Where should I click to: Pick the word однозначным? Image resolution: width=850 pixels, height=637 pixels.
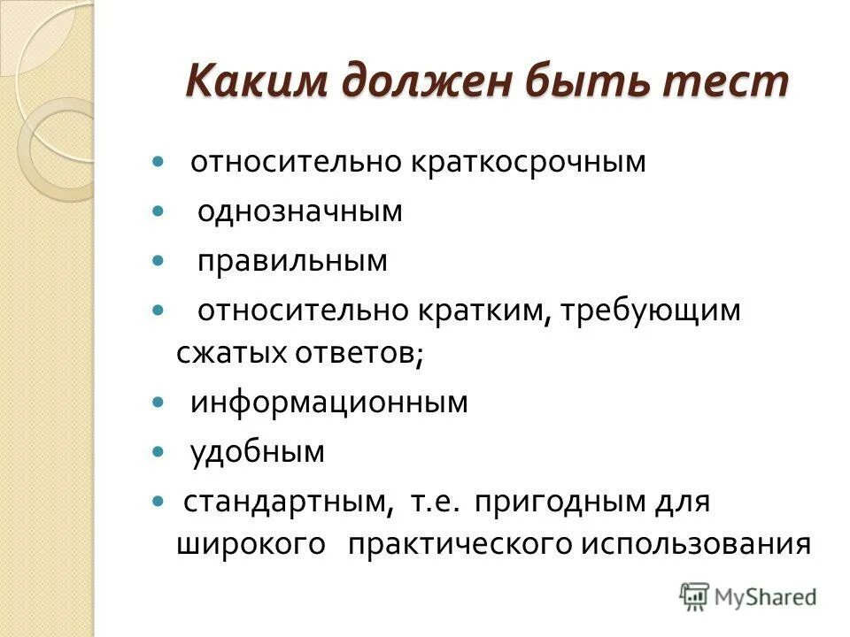pos(300,211)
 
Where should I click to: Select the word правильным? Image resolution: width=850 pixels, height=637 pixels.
pos(292,261)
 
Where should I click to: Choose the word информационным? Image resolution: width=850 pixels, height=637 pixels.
pos(329,403)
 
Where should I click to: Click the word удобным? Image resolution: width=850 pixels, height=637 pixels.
pos(258,453)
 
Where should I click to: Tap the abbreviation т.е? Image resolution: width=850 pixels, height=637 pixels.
pos(436,503)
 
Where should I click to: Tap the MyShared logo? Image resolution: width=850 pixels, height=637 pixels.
pos(748,596)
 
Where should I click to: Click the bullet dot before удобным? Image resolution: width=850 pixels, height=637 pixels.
pos(158,452)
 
